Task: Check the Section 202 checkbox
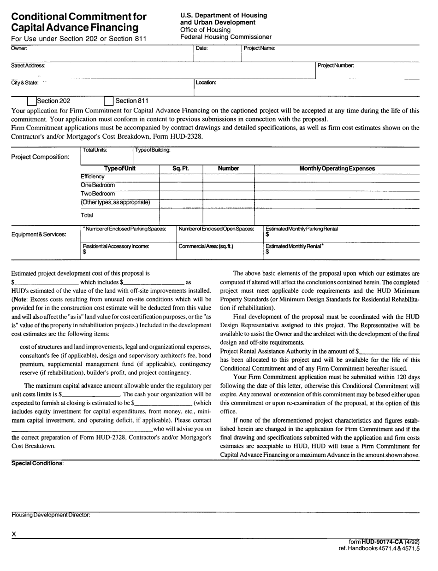click(x=32, y=101)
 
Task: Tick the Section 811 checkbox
click(x=109, y=101)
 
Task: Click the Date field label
click(x=202, y=48)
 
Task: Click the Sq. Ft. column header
click(x=180, y=169)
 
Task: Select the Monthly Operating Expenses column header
click(x=337, y=169)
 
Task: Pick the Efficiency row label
click(x=93, y=177)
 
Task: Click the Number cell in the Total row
click(x=228, y=215)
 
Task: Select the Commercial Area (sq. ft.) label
click(x=206, y=247)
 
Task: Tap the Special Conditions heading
click(x=37, y=463)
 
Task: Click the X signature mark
click(x=14, y=534)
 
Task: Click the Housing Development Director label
click(x=51, y=514)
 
